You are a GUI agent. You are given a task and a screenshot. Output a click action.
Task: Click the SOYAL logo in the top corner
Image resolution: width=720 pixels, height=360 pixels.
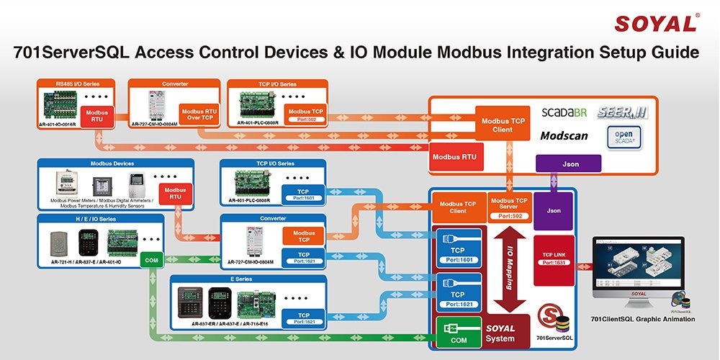[x=655, y=23]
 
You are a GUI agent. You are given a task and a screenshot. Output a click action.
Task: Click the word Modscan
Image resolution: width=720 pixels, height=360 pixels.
[x=566, y=135]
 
